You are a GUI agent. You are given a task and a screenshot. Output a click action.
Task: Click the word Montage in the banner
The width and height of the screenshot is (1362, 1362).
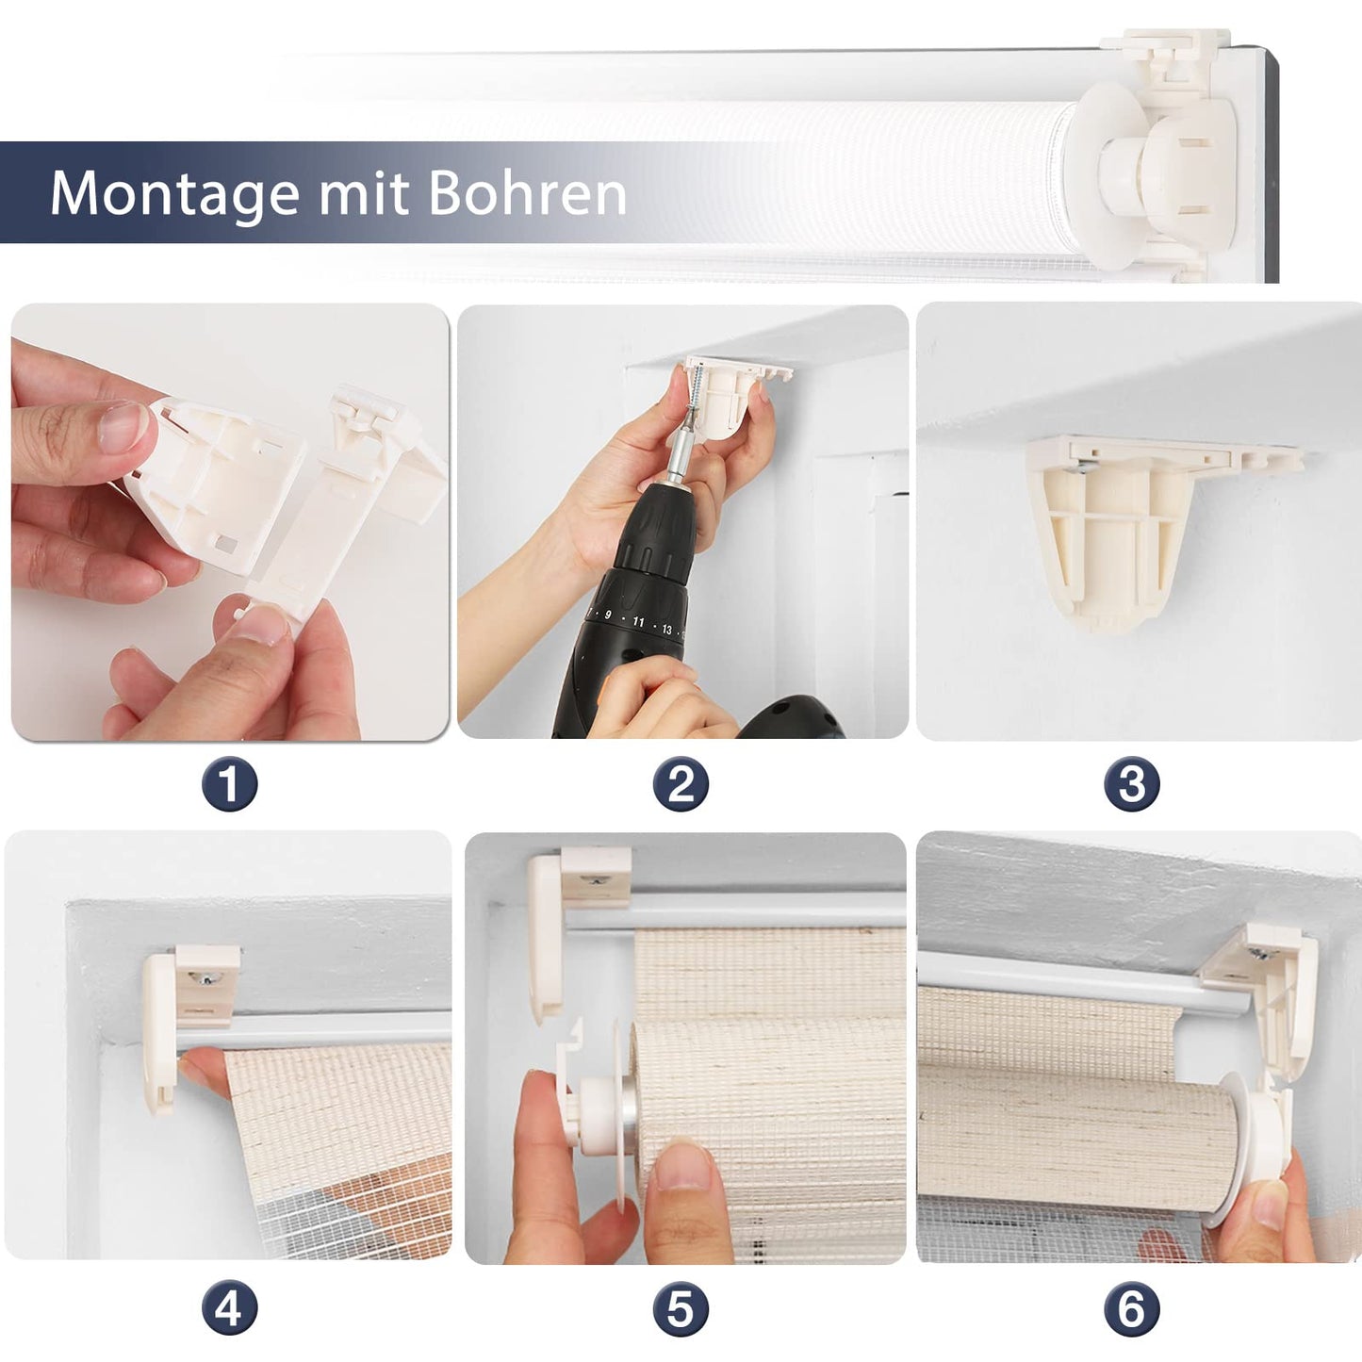click(x=174, y=193)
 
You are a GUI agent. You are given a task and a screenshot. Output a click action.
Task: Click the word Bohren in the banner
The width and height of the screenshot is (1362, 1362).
click(x=527, y=192)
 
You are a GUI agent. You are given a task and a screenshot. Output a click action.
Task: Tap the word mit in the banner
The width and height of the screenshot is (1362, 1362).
click(x=364, y=192)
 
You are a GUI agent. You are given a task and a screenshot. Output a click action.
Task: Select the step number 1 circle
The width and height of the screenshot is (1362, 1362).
click(x=229, y=784)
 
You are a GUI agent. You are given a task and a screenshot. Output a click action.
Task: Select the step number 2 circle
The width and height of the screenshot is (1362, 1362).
click(x=680, y=784)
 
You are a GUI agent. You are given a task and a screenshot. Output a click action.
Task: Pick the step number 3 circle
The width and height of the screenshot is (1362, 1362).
click(x=1132, y=784)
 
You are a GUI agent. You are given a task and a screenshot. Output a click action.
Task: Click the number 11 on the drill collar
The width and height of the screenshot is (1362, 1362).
click(x=638, y=621)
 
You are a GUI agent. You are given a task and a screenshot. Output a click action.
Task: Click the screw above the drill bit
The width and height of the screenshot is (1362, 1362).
click(x=697, y=395)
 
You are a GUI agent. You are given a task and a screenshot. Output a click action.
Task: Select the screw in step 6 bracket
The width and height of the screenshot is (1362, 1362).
click(x=1259, y=954)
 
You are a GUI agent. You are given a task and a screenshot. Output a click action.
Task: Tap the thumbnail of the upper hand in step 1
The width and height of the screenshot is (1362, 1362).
click(x=123, y=428)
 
